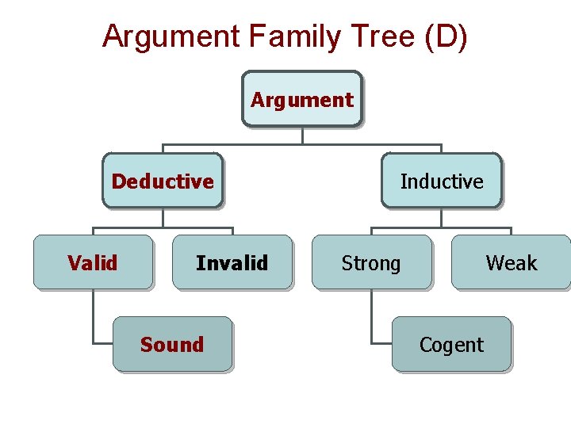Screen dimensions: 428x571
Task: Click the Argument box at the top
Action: [302, 99]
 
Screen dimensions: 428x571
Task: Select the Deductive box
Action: [163, 181]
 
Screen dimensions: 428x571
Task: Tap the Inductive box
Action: [442, 181]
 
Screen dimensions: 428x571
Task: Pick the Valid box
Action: [93, 262]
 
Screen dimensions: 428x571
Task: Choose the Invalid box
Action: [232, 262]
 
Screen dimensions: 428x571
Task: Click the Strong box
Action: [371, 262]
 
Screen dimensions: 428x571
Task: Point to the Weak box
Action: [511, 262]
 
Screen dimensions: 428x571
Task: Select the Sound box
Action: [172, 344]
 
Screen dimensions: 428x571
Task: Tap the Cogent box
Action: [451, 344]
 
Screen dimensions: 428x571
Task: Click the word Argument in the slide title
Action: [170, 36]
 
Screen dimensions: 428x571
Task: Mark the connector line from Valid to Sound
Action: [93, 317]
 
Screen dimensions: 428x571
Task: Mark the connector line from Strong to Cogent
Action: [372, 317]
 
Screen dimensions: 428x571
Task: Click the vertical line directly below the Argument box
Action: [302, 136]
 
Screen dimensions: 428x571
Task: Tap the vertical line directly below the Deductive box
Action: [163, 218]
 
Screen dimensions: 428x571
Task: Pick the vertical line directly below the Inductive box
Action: [442, 218]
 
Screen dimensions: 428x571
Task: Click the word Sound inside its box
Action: [172, 344]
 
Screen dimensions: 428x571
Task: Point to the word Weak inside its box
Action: [511, 262]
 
